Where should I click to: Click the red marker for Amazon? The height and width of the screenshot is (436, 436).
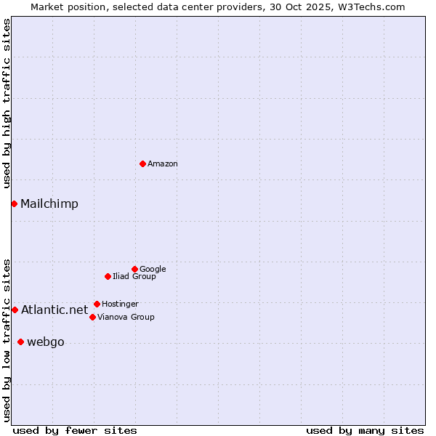pyautogui.click(x=142, y=163)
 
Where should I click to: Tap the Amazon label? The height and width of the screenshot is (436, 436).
pyautogui.click(x=163, y=164)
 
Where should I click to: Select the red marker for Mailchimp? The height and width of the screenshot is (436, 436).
pyautogui.click(x=14, y=203)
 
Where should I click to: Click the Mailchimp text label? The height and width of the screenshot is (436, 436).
pyautogui.click(x=49, y=204)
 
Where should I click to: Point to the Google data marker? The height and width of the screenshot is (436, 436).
pyautogui.click(x=134, y=269)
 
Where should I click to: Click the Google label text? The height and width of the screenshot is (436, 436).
pyautogui.click(x=153, y=270)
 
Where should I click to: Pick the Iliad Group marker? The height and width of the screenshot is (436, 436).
pyautogui.click(x=108, y=276)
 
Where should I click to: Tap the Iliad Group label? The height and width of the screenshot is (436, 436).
pyautogui.click(x=134, y=277)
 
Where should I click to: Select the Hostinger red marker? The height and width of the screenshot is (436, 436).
pyautogui.click(x=97, y=304)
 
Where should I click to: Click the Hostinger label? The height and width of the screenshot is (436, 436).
pyautogui.click(x=120, y=304)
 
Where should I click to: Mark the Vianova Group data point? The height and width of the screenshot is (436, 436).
pyautogui.click(x=92, y=317)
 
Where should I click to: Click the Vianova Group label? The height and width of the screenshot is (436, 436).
pyautogui.click(x=126, y=318)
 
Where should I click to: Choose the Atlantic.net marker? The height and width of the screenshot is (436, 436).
pyautogui.click(x=15, y=310)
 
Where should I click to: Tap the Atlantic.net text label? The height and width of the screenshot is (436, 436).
pyautogui.click(x=54, y=310)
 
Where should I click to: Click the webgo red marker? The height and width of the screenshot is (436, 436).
pyautogui.click(x=20, y=342)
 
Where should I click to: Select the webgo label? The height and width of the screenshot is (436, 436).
pyautogui.click(x=46, y=342)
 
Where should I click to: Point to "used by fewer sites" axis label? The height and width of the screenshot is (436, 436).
pyautogui.click(x=75, y=430)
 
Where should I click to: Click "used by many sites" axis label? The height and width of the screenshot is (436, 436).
pyautogui.click(x=365, y=430)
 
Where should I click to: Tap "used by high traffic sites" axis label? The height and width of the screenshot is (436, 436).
pyautogui.click(x=7, y=103)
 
